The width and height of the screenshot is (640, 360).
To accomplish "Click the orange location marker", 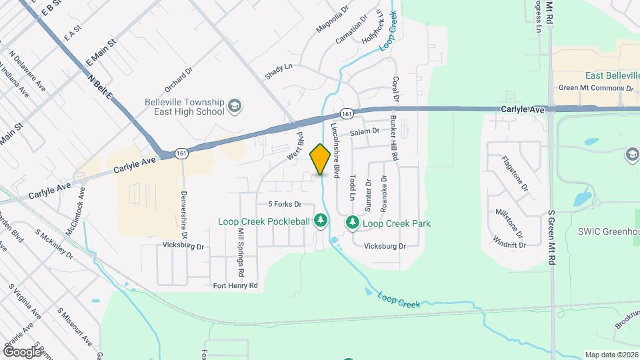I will [320, 159].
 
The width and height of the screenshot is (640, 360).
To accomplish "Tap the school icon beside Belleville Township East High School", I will [235, 106].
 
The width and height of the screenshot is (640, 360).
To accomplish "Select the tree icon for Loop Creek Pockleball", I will [321, 219].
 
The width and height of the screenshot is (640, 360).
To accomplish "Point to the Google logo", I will [22, 351].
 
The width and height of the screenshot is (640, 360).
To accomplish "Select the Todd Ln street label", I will [351, 189].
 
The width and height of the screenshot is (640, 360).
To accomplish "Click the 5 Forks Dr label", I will [285, 204].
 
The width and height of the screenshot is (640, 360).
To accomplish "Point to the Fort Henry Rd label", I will [235, 285].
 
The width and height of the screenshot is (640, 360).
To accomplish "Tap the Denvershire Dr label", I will [184, 215].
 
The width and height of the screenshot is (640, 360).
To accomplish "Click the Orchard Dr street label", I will [178, 79].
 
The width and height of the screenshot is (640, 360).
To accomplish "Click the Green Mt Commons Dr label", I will [595, 87].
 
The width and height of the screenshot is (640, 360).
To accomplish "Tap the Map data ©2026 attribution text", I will [611, 355].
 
